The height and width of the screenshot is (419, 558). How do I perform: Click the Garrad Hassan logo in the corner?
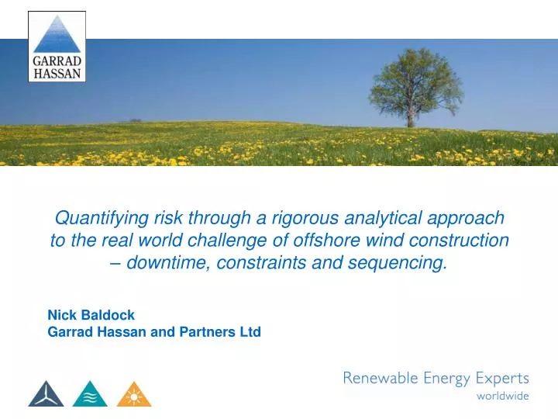point(57,47)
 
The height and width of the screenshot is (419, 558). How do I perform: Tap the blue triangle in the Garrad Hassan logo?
point(57,35)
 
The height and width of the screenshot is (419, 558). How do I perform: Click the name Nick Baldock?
point(91,315)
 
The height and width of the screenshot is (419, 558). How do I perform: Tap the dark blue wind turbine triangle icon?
point(46,394)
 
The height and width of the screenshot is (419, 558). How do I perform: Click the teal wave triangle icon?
point(90,394)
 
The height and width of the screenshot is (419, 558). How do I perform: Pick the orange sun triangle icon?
point(134,394)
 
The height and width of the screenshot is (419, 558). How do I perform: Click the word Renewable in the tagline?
point(380,379)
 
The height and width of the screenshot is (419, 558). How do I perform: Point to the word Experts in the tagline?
point(501,379)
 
